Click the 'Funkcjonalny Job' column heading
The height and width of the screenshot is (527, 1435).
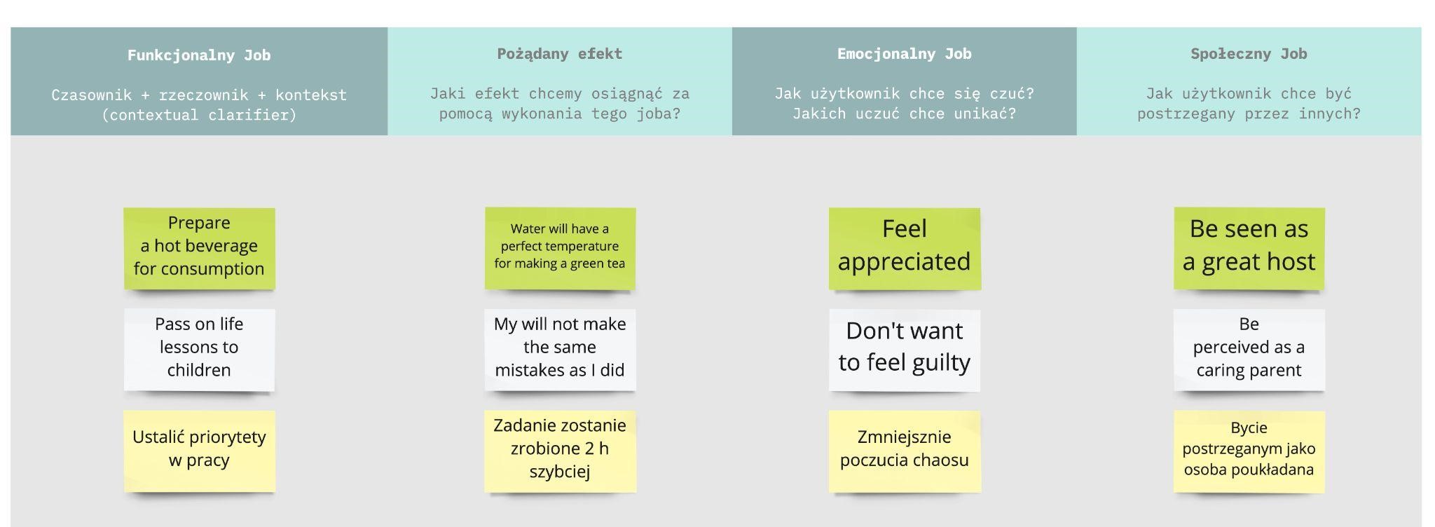199,55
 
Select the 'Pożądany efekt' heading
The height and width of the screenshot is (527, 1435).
560,54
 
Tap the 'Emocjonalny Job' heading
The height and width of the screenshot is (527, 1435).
904,54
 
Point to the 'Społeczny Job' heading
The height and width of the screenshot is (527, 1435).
1249,54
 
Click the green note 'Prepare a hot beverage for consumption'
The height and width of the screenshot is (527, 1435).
199,248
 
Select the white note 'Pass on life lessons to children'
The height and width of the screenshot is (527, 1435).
199,350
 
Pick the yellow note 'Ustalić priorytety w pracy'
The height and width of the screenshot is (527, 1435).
199,451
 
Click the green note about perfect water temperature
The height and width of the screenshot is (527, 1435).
560,248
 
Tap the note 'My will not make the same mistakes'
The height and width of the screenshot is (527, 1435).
560,350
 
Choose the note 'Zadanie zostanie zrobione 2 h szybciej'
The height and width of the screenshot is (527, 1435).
560,451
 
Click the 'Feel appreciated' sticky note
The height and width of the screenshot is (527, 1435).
905,248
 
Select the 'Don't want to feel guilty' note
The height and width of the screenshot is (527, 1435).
905,350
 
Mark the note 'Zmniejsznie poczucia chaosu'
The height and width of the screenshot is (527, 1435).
905,451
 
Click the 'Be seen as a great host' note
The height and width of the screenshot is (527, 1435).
1249,248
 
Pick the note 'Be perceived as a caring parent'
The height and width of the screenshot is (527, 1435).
1249,350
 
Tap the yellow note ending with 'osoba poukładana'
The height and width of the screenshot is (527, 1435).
1249,451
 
